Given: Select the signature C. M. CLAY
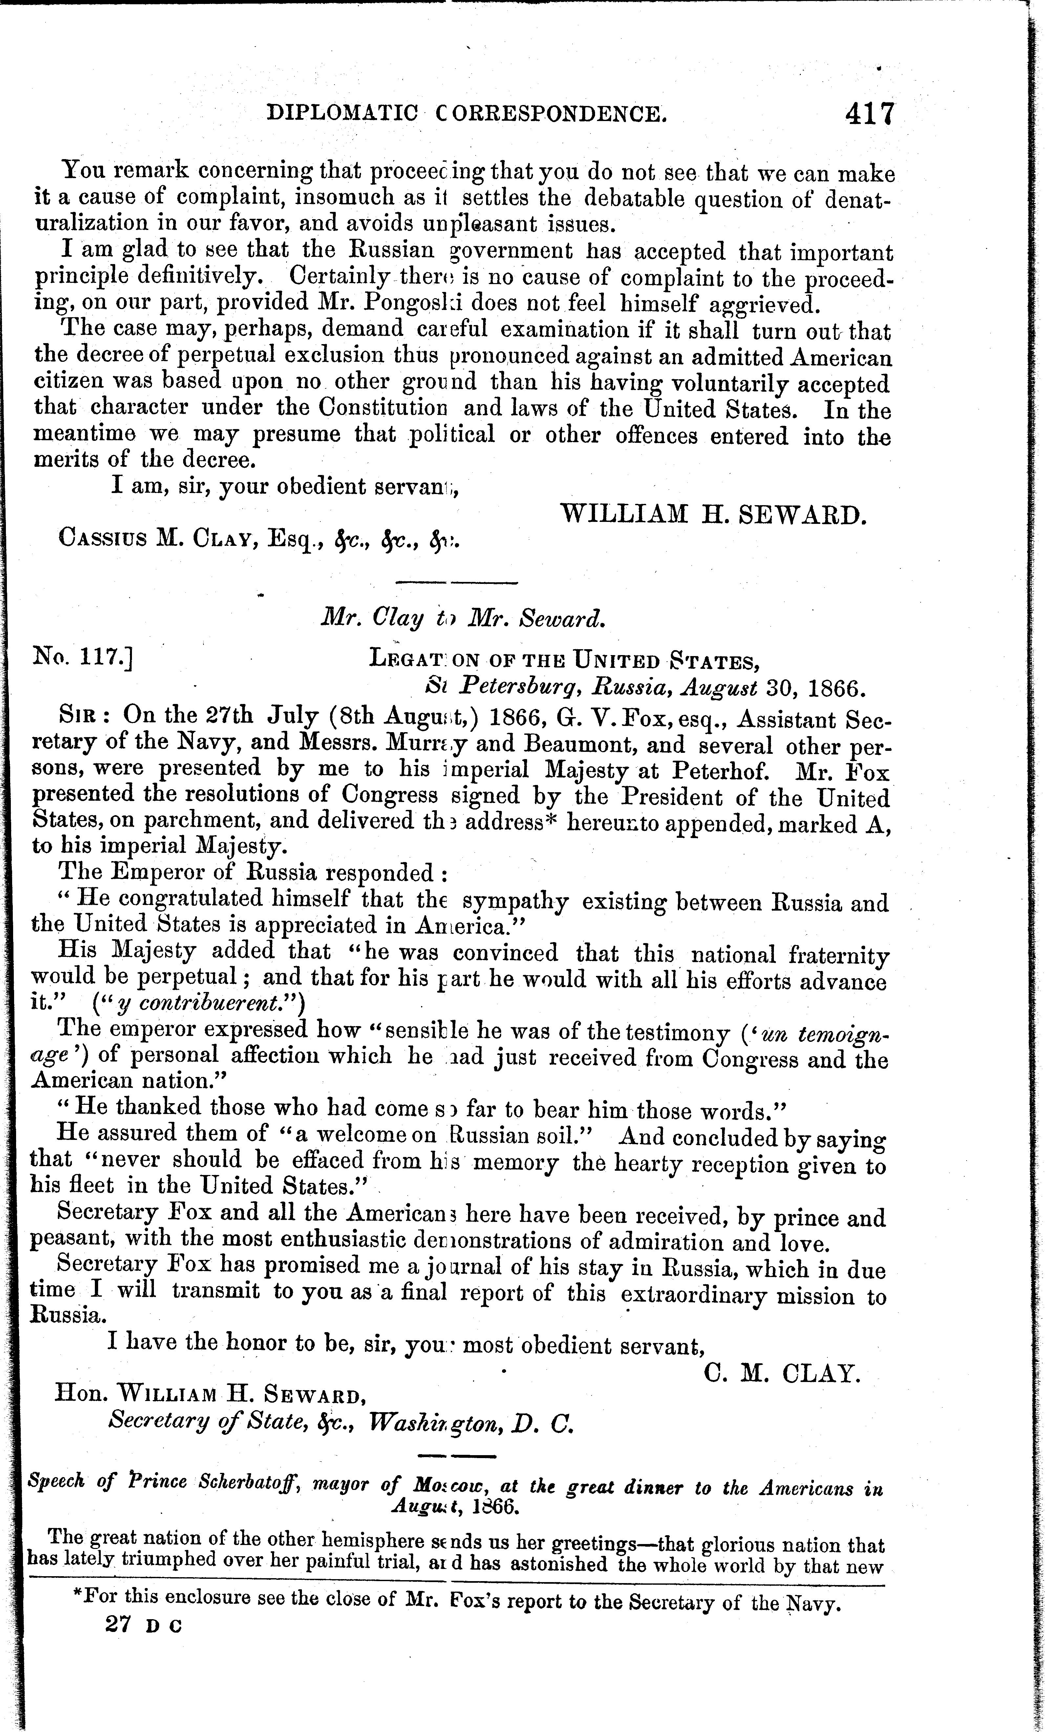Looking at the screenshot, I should [x=782, y=1373].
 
